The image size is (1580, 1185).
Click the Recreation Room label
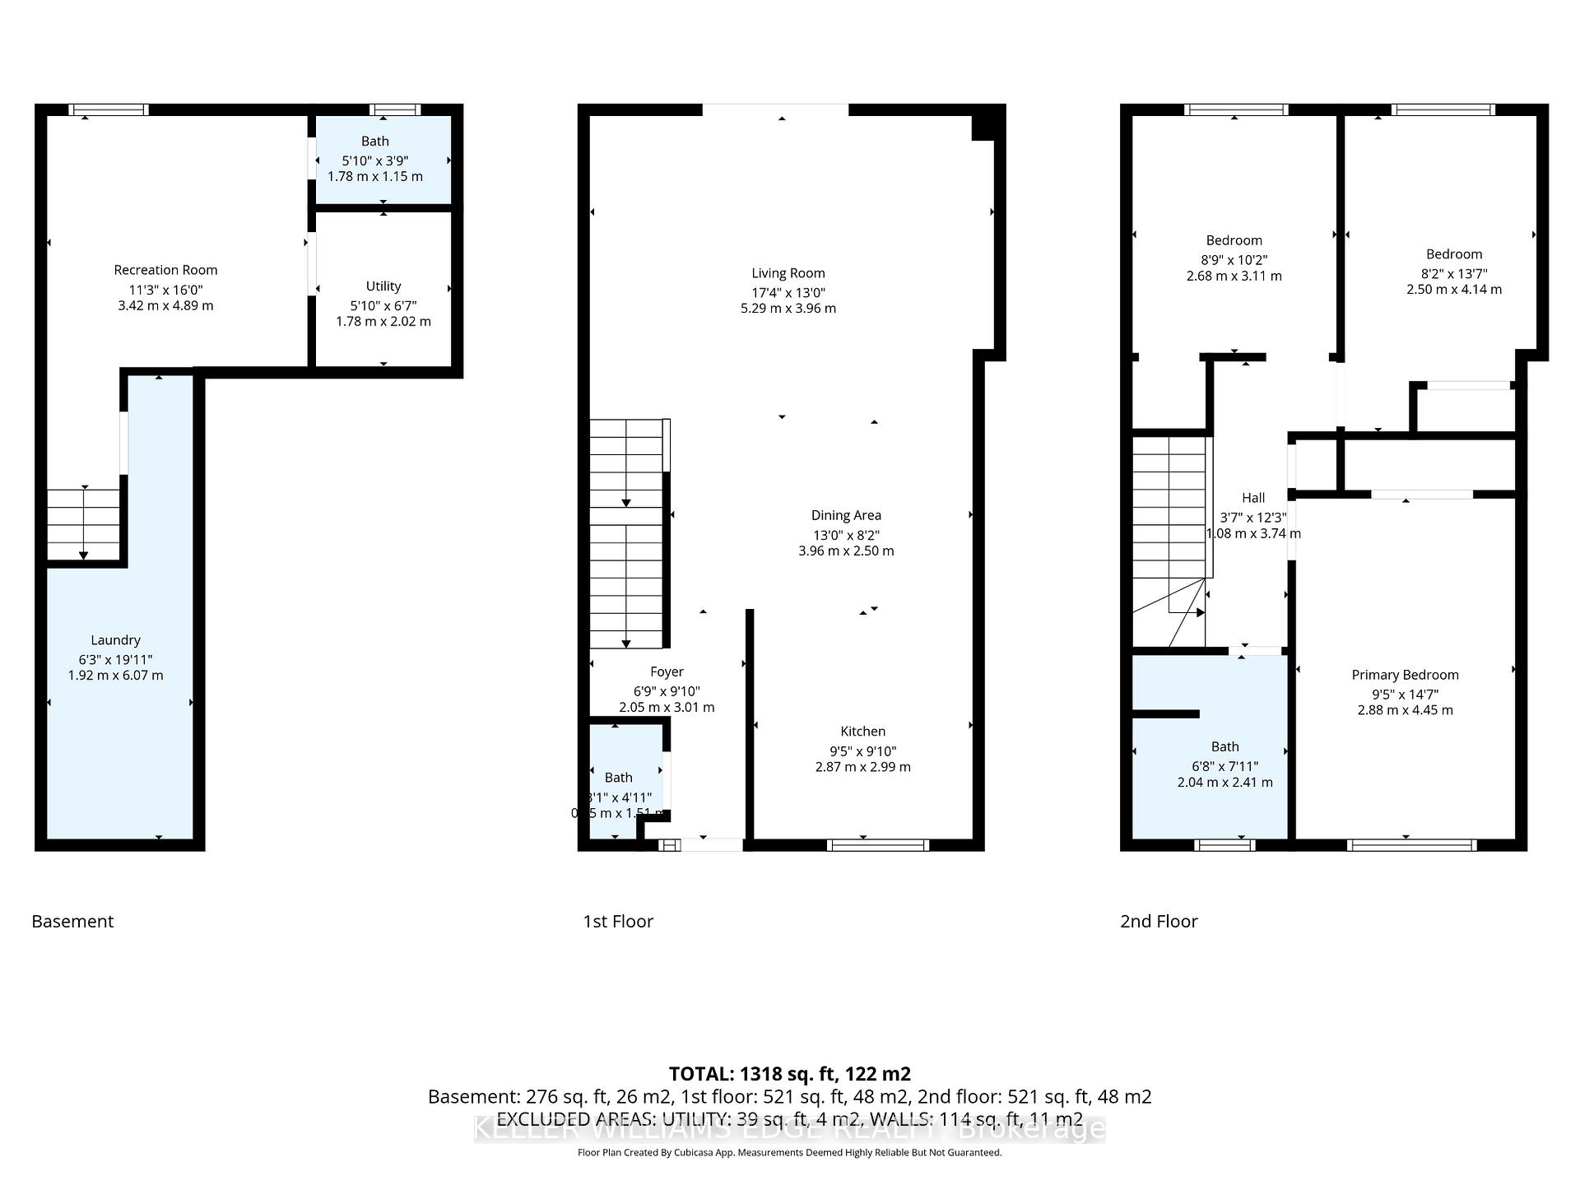click(165, 270)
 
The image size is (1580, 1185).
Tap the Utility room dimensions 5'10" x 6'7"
click(383, 305)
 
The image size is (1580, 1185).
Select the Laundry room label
click(115, 640)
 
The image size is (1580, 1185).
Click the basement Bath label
click(374, 142)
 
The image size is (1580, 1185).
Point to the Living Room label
click(788, 273)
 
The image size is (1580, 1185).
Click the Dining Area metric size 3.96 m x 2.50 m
click(846, 551)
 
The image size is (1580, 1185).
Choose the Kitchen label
click(862, 732)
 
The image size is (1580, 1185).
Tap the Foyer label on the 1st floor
click(667, 671)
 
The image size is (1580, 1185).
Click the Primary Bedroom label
click(1405, 675)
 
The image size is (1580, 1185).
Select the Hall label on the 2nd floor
click(1252, 498)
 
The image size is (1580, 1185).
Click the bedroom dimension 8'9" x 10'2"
click(1234, 260)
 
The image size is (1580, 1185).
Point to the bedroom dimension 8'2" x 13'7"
click(1453, 273)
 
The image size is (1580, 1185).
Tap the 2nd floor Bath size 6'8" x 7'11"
click(1224, 766)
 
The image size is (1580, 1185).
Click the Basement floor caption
click(72, 921)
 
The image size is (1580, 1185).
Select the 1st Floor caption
click(618, 921)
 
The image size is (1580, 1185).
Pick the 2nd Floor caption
click(1159, 921)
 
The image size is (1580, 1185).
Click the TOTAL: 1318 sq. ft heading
click(789, 1074)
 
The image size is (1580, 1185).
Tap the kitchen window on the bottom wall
click(878, 844)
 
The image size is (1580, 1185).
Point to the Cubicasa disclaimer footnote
click(789, 1153)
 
